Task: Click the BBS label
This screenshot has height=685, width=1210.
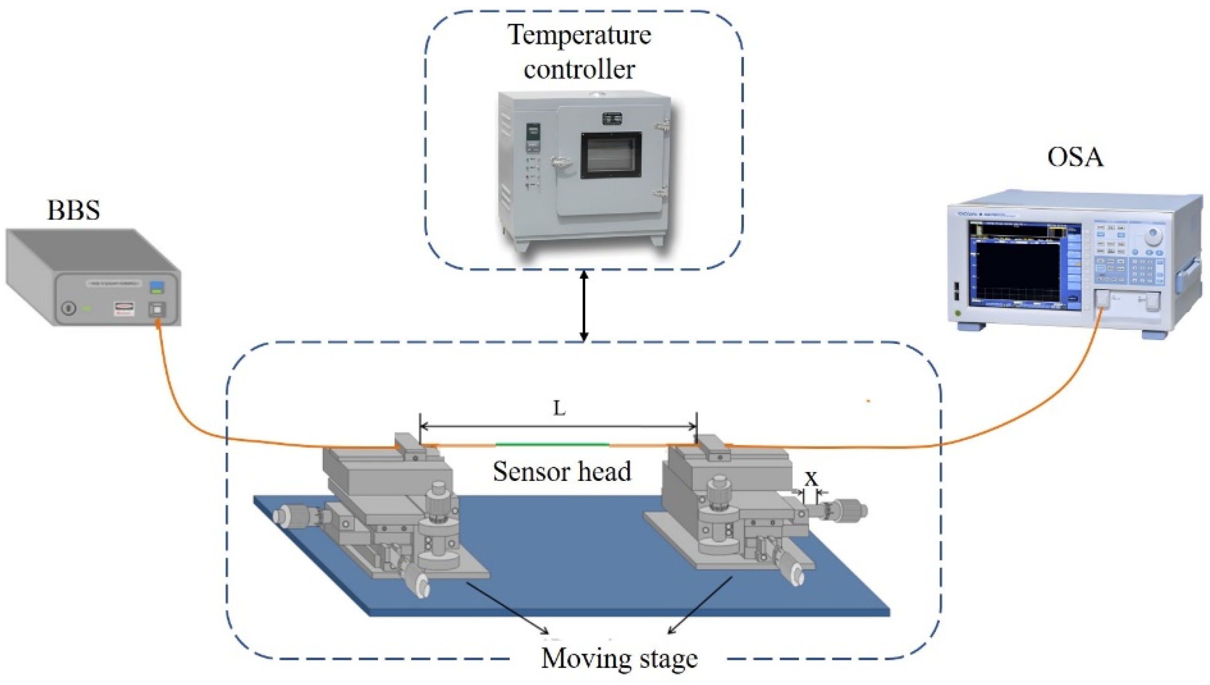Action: coord(74,210)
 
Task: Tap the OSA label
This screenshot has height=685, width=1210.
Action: coord(1075,157)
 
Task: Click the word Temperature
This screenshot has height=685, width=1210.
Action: coord(579,35)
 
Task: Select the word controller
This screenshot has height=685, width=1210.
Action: coord(579,69)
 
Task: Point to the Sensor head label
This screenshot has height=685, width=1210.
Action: coord(562,472)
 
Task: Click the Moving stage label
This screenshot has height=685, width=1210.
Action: coord(620,658)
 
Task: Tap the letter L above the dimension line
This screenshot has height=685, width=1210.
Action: coord(559,408)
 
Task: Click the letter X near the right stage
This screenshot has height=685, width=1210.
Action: coord(811,479)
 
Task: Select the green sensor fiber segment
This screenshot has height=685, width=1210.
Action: coord(552,444)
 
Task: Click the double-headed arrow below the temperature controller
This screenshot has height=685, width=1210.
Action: coord(583,305)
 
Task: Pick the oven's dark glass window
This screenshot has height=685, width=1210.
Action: coord(611,155)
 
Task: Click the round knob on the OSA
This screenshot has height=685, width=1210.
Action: coord(1152,236)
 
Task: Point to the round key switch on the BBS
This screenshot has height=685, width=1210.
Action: coord(69,308)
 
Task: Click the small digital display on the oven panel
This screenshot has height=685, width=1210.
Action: coord(533,131)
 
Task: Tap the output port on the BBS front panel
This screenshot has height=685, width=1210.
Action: coord(156,310)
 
